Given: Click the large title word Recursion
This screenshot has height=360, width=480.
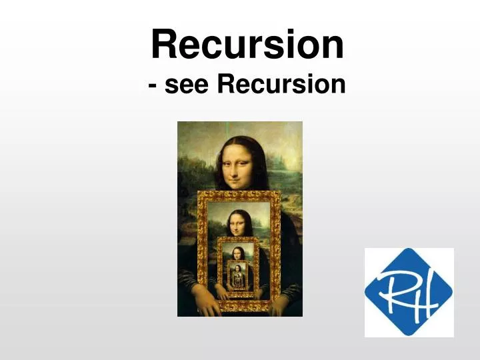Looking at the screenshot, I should click(247, 45).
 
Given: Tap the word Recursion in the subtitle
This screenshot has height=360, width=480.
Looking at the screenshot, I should click(281, 85).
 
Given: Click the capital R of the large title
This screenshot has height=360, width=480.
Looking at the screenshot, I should click(164, 45).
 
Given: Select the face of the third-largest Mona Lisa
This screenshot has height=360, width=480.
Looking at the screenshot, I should click(238, 253).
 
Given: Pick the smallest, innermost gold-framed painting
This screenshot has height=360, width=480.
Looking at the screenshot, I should click(238, 275).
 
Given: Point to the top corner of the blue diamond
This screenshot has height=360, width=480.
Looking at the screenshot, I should click(409, 249).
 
